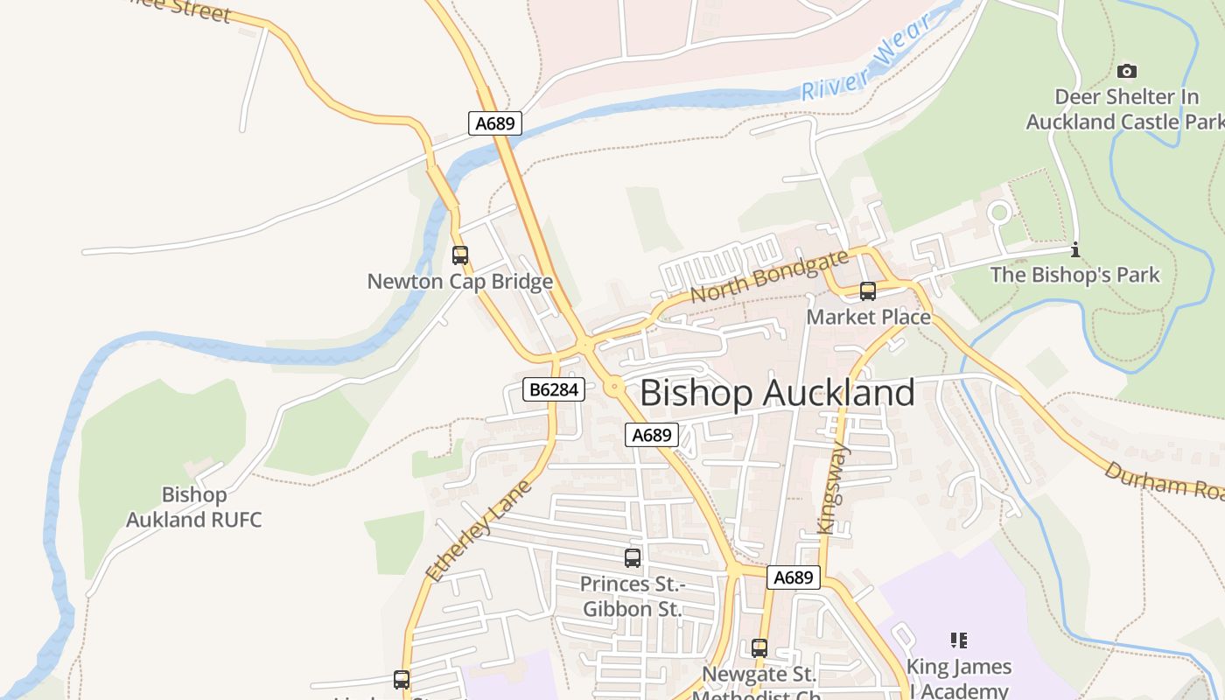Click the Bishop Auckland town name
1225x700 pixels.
coord(777,393)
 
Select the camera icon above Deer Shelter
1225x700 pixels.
coord(1127,71)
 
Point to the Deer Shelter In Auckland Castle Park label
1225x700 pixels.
coord(1126,109)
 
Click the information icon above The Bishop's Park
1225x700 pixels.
coord(1075,249)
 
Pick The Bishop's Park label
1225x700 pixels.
coord(1074,275)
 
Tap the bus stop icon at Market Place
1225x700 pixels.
coord(868,291)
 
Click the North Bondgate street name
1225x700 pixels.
coord(769,276)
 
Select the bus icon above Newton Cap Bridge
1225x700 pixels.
coord(460,255)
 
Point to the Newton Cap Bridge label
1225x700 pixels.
coord(460,281)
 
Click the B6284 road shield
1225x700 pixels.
coord(555,389)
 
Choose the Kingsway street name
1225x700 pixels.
coord(833,490)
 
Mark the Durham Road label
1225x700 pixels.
coord(1162,481)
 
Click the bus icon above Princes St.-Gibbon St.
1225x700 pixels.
coord(633,558)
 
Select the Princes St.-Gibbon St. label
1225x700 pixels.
coord(633,596)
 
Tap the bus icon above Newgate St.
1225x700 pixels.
coord(759,648)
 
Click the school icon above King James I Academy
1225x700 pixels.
coord(959,640)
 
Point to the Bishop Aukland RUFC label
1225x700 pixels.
coord(194,507)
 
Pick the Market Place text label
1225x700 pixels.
coord(868,317)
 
